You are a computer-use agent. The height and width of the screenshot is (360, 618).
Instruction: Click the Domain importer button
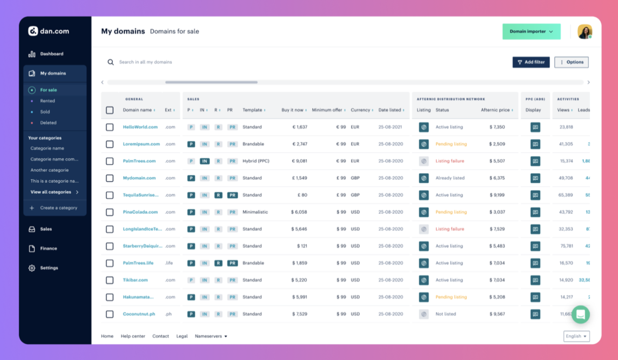[x=531, y=31]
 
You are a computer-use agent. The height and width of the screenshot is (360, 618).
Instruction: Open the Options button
[x=571, y=62]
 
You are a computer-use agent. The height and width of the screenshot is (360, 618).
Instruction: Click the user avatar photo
[x=584, y=31]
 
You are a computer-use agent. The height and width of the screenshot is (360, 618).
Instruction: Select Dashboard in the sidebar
[x=51, y=54]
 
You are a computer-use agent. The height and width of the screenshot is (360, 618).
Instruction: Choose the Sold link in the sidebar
[x=45, y=112]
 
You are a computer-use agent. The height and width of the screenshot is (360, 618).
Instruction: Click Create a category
[x=58, y=208]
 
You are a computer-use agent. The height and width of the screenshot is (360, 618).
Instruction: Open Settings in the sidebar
[x=49, y=268]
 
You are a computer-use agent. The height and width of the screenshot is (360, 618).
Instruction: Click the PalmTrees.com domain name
[x=139, y=161]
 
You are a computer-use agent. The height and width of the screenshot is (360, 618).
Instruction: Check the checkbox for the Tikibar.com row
[x=110, y=280]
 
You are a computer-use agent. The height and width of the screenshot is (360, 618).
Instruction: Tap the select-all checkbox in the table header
[x=110, y=110]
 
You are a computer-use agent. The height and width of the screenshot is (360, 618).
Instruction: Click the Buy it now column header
[x=293, y=110]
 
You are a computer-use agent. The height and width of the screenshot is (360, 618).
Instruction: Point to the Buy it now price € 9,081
[x=299, y=161]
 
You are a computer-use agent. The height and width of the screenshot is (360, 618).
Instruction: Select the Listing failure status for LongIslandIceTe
[x=450, y=229]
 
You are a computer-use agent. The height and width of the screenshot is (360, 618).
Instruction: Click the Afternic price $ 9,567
[x=497, y=314]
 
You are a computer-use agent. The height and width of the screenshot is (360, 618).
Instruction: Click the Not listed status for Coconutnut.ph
[x=445, y=314]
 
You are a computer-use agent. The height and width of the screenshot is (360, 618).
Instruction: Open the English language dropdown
[x=576, y=336]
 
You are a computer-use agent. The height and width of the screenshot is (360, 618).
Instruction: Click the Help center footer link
[x=133, y=336]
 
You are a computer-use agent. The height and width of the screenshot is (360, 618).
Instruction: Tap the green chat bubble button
[x=580, y=314]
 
